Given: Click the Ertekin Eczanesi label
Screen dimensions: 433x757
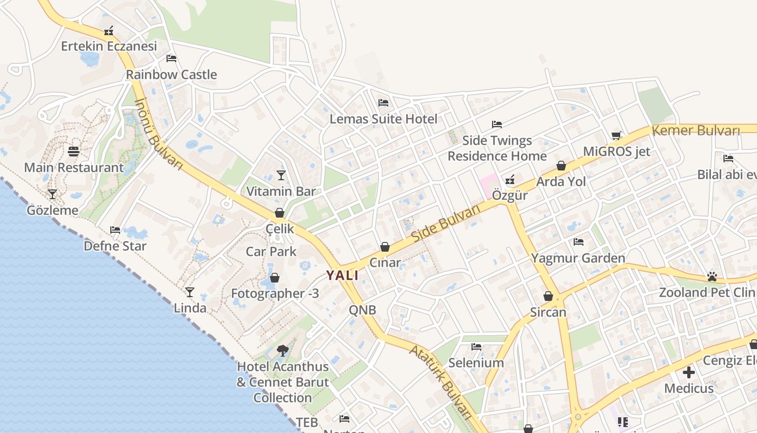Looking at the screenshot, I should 109,46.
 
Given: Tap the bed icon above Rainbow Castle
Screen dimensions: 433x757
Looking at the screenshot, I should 171,58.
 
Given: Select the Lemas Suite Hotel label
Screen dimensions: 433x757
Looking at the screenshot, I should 383,119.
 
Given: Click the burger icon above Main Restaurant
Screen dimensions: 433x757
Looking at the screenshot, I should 74,151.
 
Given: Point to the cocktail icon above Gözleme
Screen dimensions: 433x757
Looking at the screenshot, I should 52,194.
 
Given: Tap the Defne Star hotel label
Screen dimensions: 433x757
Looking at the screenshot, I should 115,246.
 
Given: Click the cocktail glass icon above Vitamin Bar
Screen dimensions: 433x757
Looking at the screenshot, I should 281,175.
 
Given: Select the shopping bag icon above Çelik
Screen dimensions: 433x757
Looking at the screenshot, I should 280,213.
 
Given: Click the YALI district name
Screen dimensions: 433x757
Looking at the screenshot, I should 342,275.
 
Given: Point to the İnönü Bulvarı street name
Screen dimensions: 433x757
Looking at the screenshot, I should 158,133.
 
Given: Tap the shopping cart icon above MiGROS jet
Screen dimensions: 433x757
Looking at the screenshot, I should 616,135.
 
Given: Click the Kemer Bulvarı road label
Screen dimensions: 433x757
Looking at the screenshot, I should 695,130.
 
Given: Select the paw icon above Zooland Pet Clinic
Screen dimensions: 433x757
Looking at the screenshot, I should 712,277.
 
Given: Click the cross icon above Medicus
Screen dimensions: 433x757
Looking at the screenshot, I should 689,372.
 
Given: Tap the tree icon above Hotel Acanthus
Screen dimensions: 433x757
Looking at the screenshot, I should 282,351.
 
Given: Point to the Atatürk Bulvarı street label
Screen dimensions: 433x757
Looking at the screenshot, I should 441,382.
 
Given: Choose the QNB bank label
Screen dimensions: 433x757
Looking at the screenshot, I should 362,310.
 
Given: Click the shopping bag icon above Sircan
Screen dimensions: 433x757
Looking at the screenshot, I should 548,296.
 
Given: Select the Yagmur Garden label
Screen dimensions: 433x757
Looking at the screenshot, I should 578,258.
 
